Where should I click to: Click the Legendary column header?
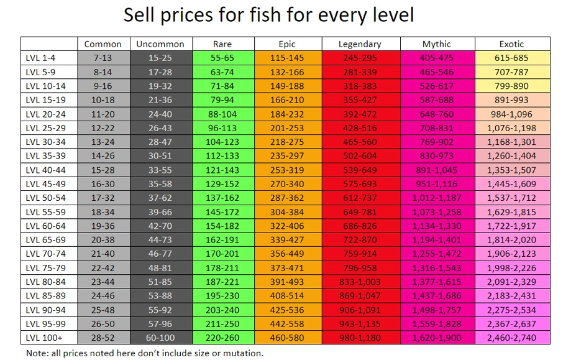360,44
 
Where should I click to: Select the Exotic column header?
511,44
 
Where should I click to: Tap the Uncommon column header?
160,44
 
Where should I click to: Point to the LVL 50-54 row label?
45,198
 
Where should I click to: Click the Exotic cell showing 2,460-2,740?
511,337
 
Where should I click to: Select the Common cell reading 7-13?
103,58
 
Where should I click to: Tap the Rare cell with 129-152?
223,184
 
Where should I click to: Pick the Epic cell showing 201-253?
287,128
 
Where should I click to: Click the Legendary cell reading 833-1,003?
360,281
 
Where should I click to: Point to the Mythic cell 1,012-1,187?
437,198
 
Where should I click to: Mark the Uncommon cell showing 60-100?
160,337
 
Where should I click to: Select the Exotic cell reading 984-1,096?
511,114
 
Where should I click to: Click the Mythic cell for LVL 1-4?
437,58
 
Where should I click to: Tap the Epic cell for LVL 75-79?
287,267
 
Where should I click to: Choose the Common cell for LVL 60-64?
103,226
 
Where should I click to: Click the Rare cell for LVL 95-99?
223,323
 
